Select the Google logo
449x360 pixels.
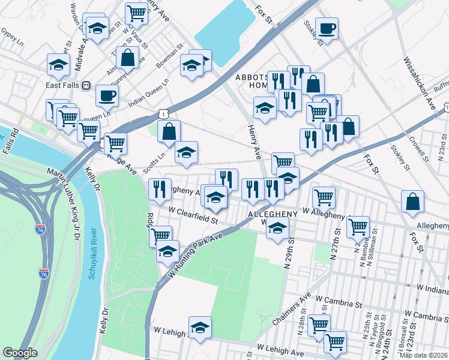pyautogui.click(x=20, y=353)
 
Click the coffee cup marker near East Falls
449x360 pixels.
pyautogui.click(x=107, y=95)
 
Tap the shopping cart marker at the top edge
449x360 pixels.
pyautogui.click(x=137, y=13)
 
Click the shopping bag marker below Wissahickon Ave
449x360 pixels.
pyautogui.click(x=413, y=202)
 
